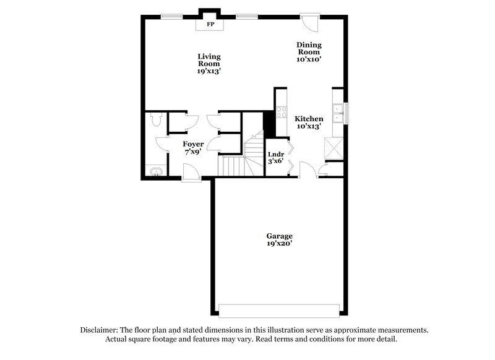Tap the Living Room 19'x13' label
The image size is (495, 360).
(209, 64)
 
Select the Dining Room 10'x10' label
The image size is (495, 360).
(309, 52)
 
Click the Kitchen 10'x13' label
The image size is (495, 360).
(309, 122)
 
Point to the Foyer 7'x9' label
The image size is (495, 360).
(194, 148)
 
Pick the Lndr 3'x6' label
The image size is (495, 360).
(275, 158)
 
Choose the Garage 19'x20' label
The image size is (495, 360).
(280, 240)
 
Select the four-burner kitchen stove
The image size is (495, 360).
(280, 113)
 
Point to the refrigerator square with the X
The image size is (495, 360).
(334, 148)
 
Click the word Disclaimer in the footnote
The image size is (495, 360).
(98, 330)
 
